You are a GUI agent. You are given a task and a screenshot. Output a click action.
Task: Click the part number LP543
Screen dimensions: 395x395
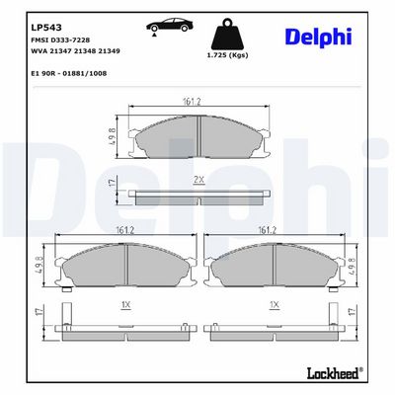click(46, 28)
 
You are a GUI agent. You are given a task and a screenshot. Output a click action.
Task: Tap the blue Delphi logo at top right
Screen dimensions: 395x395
click(319, 38)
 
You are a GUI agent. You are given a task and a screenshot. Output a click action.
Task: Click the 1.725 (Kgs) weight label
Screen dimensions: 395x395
click(227, 55)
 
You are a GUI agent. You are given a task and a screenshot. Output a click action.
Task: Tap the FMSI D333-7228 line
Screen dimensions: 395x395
click(60, 40)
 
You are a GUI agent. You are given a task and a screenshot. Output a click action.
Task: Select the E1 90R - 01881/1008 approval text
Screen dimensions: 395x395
click(69, 73)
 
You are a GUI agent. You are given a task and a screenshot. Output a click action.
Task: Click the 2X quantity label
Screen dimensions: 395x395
click(198, 180)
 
